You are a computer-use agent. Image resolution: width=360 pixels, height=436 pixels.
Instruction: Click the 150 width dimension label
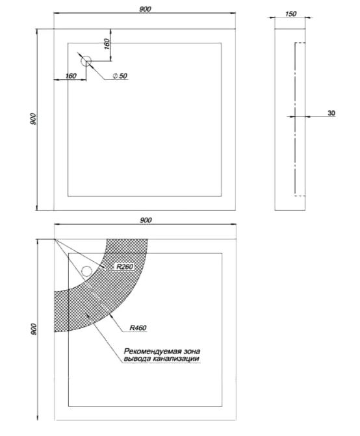tap(290, 14)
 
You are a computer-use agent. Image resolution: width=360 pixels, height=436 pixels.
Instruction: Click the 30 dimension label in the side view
tap(331, 113)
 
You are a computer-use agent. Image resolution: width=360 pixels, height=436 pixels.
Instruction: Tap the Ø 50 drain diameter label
tap(120, 75)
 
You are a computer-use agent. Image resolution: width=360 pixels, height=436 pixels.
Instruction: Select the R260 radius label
tap(125, 266)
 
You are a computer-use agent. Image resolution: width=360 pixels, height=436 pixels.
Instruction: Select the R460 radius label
tap(138, 328)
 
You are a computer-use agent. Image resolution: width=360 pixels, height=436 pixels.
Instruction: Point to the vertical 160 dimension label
tap(107, 44)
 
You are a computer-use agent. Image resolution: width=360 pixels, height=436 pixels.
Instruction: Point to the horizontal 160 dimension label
tap(71, 75)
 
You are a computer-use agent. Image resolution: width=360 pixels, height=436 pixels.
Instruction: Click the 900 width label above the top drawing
tap(145, 9)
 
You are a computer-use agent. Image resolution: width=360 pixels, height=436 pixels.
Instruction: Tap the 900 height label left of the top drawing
tap(33, 119)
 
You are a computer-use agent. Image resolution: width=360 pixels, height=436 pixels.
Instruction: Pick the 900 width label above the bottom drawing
tap(146, 220)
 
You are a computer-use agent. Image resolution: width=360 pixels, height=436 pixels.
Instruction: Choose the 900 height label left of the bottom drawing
tap(33, 329)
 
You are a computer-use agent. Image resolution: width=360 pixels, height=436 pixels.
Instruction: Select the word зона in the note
tap(192, 351)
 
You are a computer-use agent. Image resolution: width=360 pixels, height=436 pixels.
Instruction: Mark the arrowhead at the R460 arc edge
tap(112, 316)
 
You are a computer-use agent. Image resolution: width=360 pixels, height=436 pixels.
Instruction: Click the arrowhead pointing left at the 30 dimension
tap(308, 116)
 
